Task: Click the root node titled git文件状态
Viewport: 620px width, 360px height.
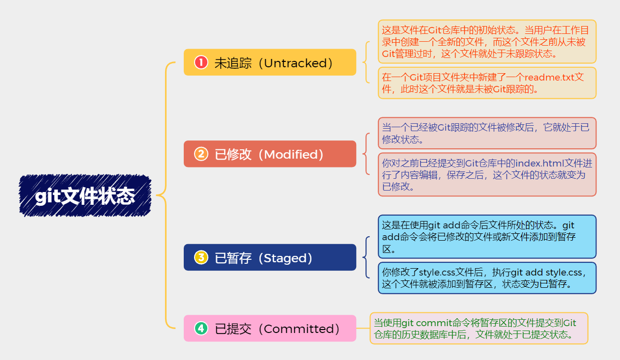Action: click(85, 196)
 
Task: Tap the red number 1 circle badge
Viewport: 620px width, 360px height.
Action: click(201, 62)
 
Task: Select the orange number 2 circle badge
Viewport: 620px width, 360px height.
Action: click(201, 154)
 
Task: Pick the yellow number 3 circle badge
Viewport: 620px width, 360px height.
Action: click(201, 257)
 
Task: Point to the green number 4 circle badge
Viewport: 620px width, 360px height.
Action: click(201, 328)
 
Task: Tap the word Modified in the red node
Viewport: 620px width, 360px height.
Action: click(293, 155)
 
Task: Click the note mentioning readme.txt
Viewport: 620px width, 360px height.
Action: click(487, 83)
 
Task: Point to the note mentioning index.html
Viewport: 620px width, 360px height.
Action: click(487, 174)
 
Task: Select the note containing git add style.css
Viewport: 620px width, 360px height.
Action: click(487, 278)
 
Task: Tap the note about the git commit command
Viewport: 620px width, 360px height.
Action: click(479, 329)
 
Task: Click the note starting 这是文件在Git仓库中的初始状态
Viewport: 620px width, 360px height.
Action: click(487, 42)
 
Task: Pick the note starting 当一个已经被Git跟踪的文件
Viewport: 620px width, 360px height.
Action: click(487, 133)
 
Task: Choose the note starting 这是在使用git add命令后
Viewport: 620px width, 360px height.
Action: click(487, 237)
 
